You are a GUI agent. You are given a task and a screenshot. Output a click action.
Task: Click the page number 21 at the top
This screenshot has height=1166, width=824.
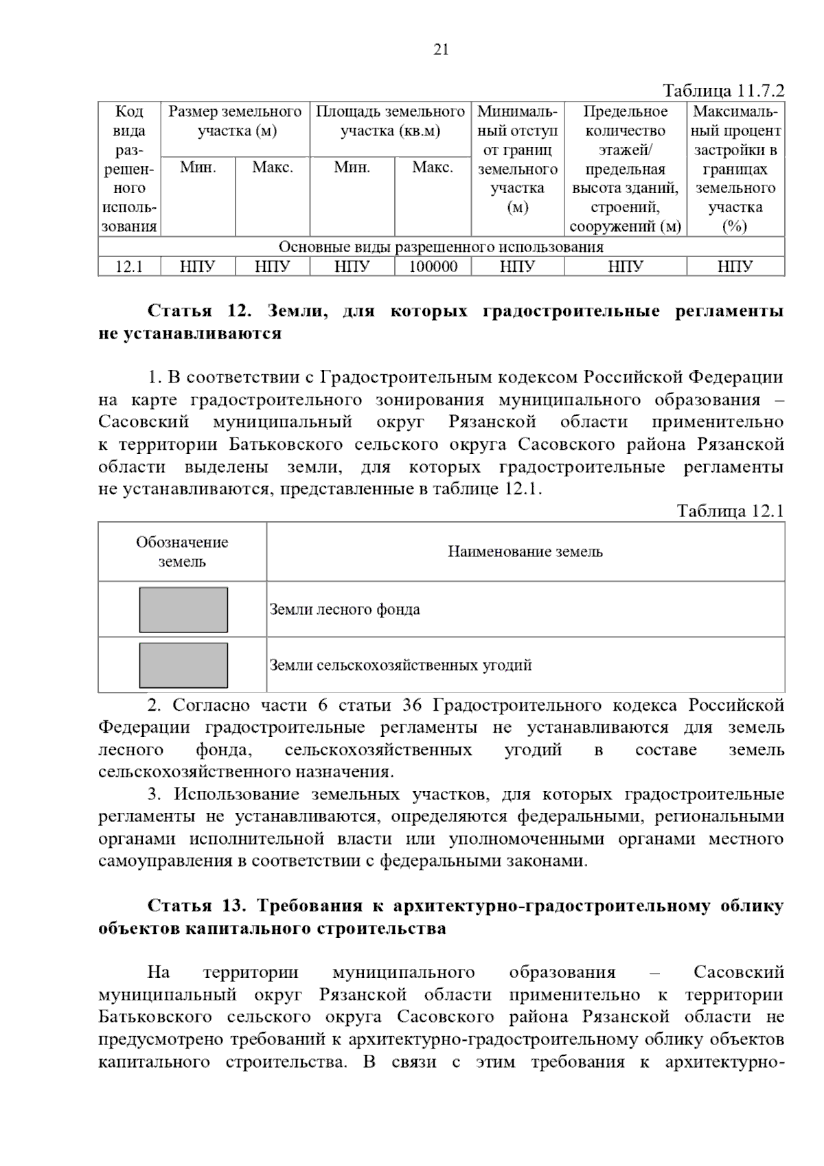[442, 49]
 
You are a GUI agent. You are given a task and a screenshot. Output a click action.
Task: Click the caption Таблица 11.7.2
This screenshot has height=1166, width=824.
[722, 91]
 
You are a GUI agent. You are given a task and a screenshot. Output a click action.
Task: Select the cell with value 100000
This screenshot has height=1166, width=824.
[433, 266]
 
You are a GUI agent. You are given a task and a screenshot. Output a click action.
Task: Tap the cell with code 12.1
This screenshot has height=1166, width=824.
[129, 266]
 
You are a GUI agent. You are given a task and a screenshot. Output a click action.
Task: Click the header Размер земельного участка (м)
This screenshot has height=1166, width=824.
[236, 122]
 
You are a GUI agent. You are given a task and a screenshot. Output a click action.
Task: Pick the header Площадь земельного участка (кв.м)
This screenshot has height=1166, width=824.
[390, 122]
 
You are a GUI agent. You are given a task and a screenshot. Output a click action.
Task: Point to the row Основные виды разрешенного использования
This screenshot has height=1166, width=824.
[441, 247]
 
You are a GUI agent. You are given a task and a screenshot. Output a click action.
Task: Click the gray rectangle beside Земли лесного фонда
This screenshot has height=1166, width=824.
[183, 609]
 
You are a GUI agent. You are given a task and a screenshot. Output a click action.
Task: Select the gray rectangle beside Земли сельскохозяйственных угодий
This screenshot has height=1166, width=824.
[183, 665]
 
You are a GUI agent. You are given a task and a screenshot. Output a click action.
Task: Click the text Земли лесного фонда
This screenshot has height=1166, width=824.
[345, 609]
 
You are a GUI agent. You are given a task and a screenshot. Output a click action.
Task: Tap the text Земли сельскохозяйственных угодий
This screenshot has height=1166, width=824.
[400, 665]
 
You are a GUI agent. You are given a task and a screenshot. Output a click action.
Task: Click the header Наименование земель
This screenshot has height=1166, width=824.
[525, 551]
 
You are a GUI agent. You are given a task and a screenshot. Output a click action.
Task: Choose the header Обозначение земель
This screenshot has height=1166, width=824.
[182, 551]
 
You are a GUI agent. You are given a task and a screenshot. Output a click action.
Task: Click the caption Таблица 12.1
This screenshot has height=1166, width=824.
[730, 511]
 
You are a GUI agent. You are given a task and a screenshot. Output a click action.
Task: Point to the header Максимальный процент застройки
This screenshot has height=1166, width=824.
[735, 168]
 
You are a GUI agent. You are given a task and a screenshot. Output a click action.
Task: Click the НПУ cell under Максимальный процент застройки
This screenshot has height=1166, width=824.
[735, 266]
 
